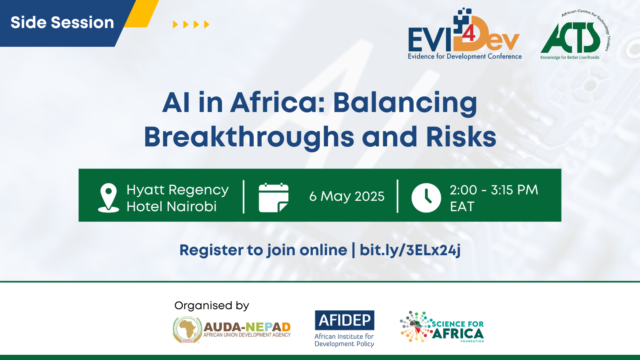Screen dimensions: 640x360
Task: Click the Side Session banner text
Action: pyautogui.click(x=62, y=22)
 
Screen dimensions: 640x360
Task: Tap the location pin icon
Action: pyautogui.click(x=108, y=198)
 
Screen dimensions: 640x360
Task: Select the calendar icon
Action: pyautogui.click(x=274, y=198)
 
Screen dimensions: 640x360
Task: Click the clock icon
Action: pyautogui.click(x=426, y=198)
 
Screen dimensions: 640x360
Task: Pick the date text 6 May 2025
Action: pyautogui.click(x=347, y=196)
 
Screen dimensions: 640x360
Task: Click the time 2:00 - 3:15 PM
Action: pyautogui.click(x=494, y=190)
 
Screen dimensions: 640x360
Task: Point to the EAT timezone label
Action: pyautogui.click(x=462, y=206)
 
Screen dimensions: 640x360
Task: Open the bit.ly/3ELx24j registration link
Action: pyautogui.click(x=410, y=250)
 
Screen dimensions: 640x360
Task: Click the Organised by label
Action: pyautogui.click(x=212, y=306)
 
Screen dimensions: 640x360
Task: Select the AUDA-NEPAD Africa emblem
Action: pyautogui.click(x=188, y=330)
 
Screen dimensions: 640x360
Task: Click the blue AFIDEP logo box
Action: pyautogui.click(x=344, y=320)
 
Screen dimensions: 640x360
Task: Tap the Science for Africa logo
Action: pyautogui.click(x=442, y=326)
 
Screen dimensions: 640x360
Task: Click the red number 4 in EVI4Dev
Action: pyautogui.click(x=468, y=34)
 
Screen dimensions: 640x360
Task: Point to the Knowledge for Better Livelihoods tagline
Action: pyautogui.click(x=570, y=58)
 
